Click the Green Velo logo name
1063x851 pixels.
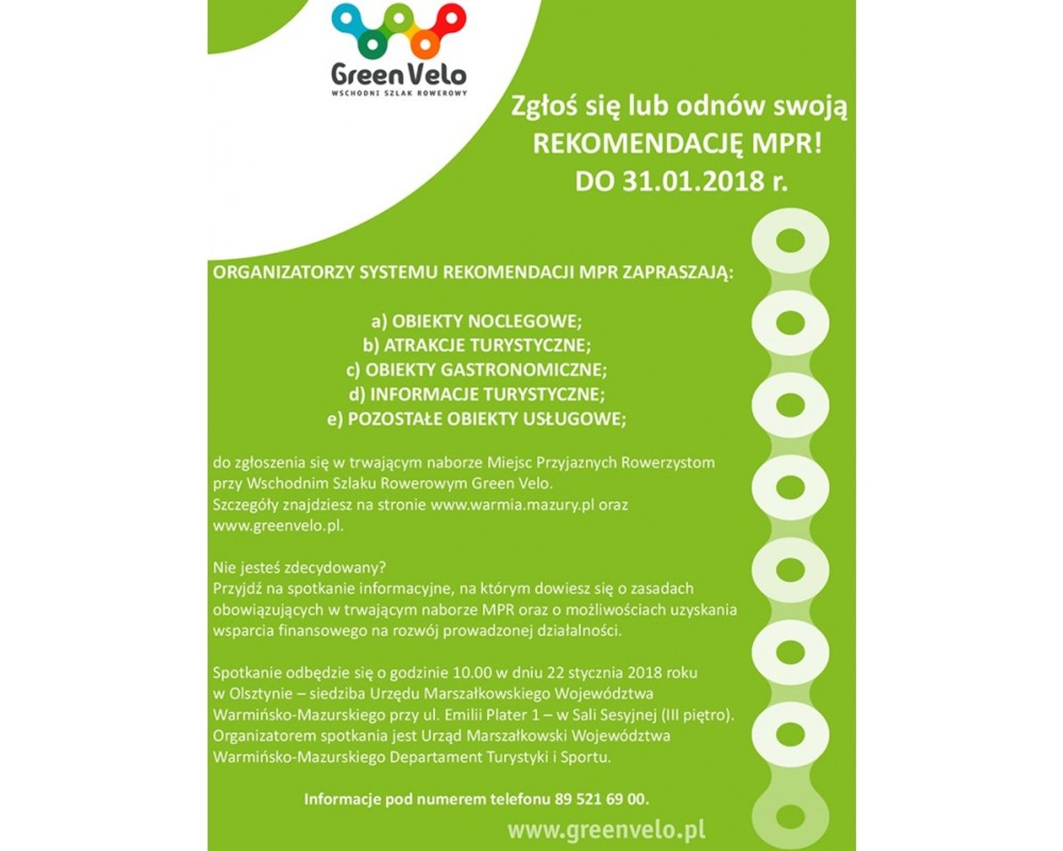click(x=398, y=74)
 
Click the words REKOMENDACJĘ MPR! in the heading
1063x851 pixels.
click(x=677, y=145)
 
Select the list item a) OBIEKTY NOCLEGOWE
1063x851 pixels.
click(x=477, y=321)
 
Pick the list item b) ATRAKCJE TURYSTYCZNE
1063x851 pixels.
click(x=477, y=346)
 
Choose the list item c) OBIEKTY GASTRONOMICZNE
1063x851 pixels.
click(x=477, y=370)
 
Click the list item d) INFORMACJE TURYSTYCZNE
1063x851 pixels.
click(x=477, y=394)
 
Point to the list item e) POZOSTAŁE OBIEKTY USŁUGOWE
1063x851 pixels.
click(x=477, y=419)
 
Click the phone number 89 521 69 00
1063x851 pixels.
click(x=601, y=799)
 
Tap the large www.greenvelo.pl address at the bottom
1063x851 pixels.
click(x=606, y=829)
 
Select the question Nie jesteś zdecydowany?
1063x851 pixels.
click(x=299, y=567)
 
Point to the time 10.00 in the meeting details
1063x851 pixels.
click(x=472, y=673)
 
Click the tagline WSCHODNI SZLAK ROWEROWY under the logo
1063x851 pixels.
click(x=399, y=92)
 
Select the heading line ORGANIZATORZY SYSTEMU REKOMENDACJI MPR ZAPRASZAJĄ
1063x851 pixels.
click(x=472, y=273)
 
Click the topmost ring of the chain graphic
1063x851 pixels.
click(x=790, y=242)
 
